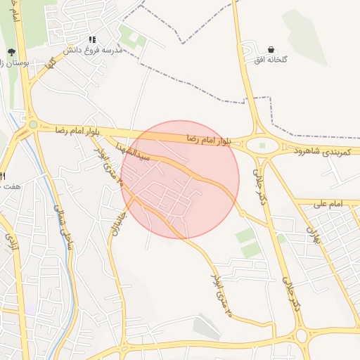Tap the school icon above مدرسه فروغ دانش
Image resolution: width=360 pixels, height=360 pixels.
click(x=91, y=40)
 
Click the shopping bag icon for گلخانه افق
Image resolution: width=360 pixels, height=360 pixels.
click(x=271, y=49)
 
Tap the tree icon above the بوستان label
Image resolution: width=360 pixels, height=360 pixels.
click(x=11, y=52)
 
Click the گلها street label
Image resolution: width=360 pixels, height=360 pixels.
click(x=49, y=69)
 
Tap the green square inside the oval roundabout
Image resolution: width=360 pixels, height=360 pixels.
click(x=262, y=146)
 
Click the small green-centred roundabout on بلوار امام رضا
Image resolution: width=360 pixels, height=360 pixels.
click(x=33, y=124)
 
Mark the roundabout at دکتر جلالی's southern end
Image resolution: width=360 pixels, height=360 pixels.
click(x=302, y=335)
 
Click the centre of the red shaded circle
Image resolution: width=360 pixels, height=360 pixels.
click(x=180, y=179)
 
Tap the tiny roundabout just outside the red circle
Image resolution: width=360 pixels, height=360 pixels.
click(x=242, y=212)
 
